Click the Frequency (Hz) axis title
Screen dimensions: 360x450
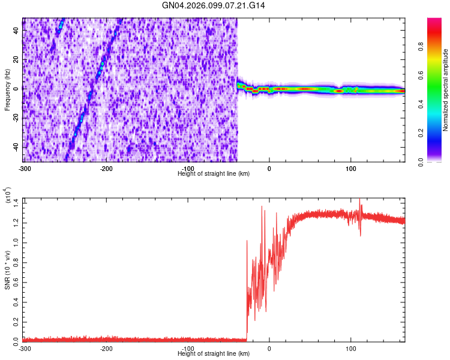7,89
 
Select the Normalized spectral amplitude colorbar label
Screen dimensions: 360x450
446,90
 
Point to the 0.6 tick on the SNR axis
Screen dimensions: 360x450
16,281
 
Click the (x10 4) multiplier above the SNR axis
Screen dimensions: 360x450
8,196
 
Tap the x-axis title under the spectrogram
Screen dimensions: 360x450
214,173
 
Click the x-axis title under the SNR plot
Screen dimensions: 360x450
214,353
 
